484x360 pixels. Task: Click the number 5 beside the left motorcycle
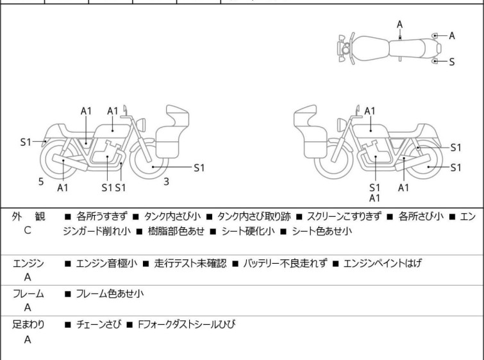click(41, 182)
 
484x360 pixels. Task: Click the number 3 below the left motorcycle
click(166, 182)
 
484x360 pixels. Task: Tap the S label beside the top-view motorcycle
click(451, 62)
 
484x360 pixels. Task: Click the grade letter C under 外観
click(28, 230)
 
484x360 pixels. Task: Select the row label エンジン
click(28, 263)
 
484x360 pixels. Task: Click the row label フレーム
click(28, 294)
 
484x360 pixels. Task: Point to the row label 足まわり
click(28, 325)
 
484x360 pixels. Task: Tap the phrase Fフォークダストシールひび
click(186, 325)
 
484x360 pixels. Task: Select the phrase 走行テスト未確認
click(190, 263)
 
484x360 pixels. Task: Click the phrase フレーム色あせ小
click(110, 294)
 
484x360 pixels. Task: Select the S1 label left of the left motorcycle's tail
click(25, 142)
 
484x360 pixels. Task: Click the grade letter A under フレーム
click(28, 307)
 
